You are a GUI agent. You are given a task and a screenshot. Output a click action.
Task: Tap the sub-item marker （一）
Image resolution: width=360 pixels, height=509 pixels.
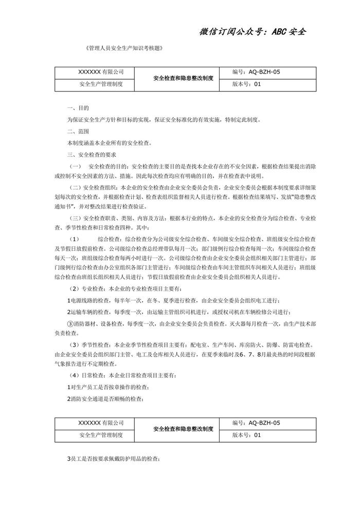point(76,168)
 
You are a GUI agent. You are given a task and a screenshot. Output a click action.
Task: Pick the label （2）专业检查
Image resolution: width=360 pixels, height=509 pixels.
point(87,289)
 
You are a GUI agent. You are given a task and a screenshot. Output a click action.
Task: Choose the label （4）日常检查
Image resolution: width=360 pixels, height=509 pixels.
point(87,376)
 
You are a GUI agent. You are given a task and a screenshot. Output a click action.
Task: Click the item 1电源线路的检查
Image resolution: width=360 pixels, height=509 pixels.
point(97,300)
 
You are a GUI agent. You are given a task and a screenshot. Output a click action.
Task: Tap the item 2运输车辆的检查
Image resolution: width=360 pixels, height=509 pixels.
point(97,312)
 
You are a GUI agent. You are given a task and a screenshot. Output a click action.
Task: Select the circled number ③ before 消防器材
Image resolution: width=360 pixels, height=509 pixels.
point(71,324)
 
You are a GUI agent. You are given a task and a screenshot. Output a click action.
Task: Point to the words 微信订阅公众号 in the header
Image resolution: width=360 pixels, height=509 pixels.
point(231,31)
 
